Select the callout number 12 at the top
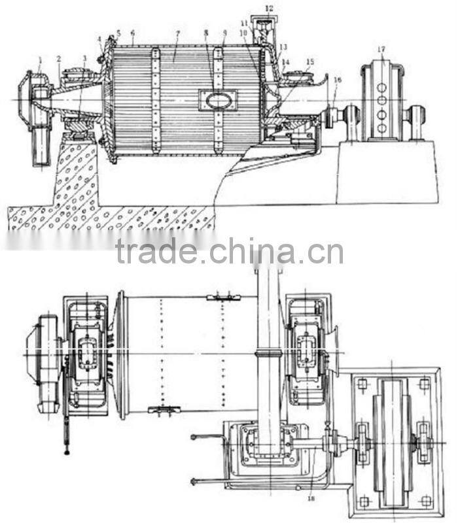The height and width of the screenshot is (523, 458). [x=270, y=8]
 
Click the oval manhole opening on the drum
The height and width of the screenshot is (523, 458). [x=218, y=99]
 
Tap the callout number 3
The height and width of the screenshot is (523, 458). [x=84, y=58]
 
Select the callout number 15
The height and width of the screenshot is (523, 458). [x=309, y=62]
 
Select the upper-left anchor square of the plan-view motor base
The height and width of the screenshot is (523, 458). [x=364, y=384]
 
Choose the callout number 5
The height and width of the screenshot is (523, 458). [x=118, y=33]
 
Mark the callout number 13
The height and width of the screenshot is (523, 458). [x=283, y=47]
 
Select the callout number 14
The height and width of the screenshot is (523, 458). [x=285, y=63]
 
